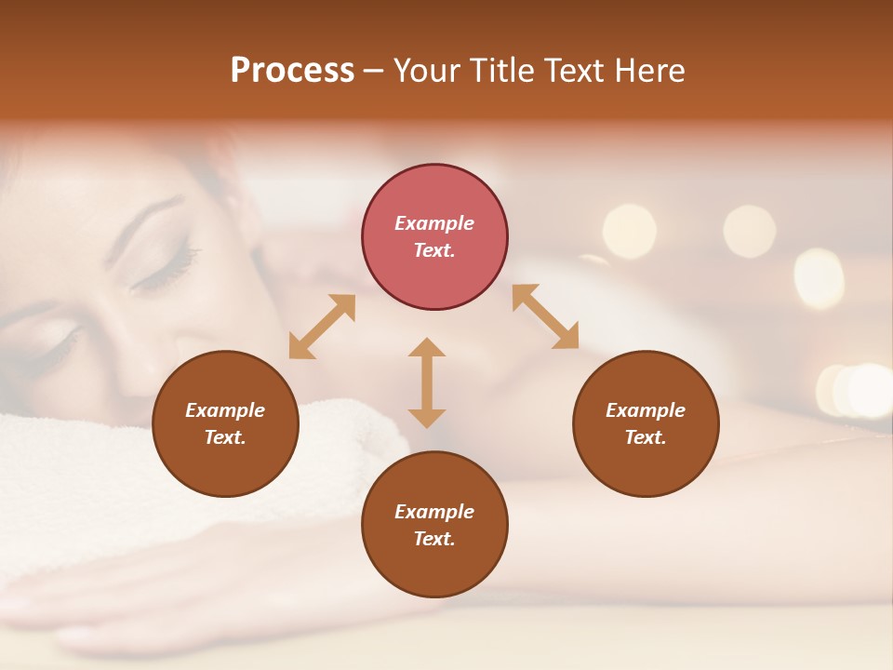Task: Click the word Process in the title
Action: [292, 71]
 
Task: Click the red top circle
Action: [434, 236]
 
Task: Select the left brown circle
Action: [225, 423]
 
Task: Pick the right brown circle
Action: [645, 423]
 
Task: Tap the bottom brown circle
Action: [434, 525]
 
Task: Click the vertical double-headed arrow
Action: [427, 382]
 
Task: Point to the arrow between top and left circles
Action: [322, 327]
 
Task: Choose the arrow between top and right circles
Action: [545, 316]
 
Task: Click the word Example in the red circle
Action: [434, 223]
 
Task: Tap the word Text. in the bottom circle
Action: [434, 539]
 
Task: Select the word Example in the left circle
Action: [225, 410]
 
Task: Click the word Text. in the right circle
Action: [645, 437]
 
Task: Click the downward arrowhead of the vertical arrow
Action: [427, 418]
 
